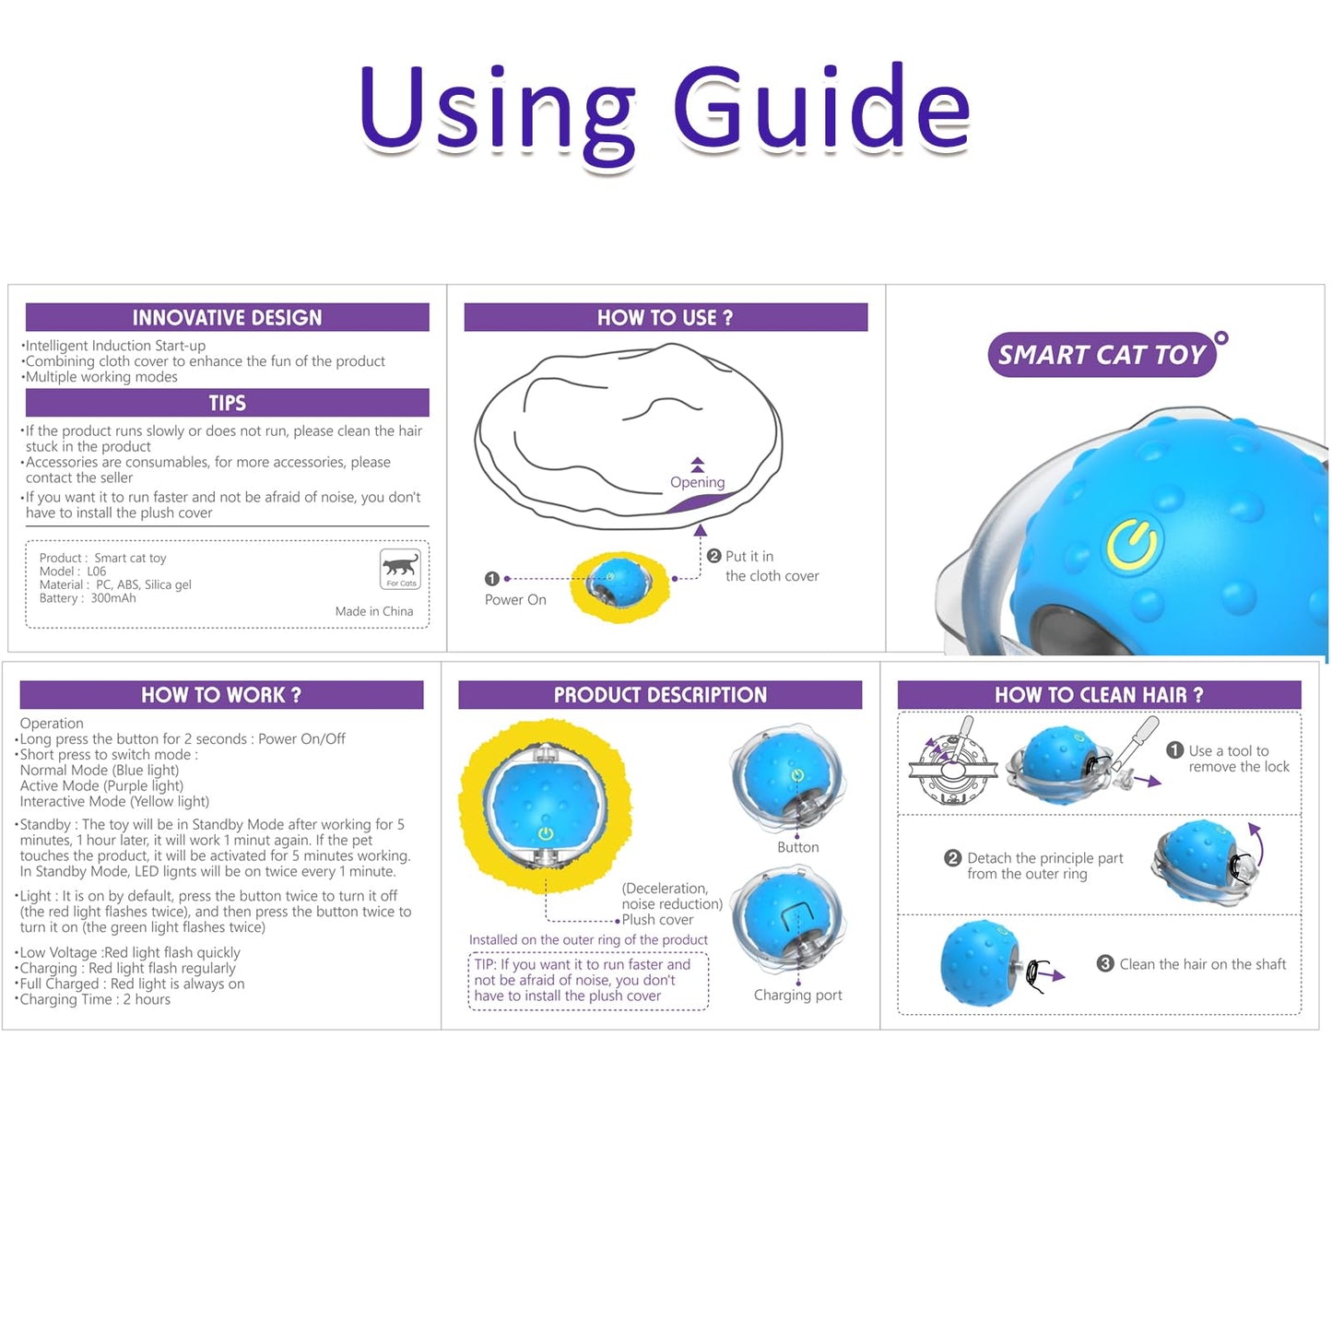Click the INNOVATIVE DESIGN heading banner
(x=227, y=317)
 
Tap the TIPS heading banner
(x=227, y=403)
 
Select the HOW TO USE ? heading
(x=665, y=317)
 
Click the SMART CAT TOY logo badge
(x=1102, y=355)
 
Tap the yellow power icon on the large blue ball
(x=1132, y=544)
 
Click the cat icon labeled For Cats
(x=400, y=568)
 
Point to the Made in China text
(x=373, y=611)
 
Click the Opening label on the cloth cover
(x=697, y=482)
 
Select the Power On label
(x=515, y=599)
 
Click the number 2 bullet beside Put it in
(x=713, y=556)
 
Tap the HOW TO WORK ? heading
(x=221, y=695)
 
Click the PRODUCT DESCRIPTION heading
(x=660, y=695)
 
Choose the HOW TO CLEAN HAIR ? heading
(x=1099, y=695)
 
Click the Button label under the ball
(x=797, y=847)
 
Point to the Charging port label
(x=797, y=995)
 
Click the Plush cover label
(x=657, y=920)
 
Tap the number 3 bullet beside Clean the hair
(x=1105, y=963)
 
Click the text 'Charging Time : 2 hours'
(x=95, y=999)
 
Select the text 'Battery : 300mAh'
(x=88, y=598)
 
